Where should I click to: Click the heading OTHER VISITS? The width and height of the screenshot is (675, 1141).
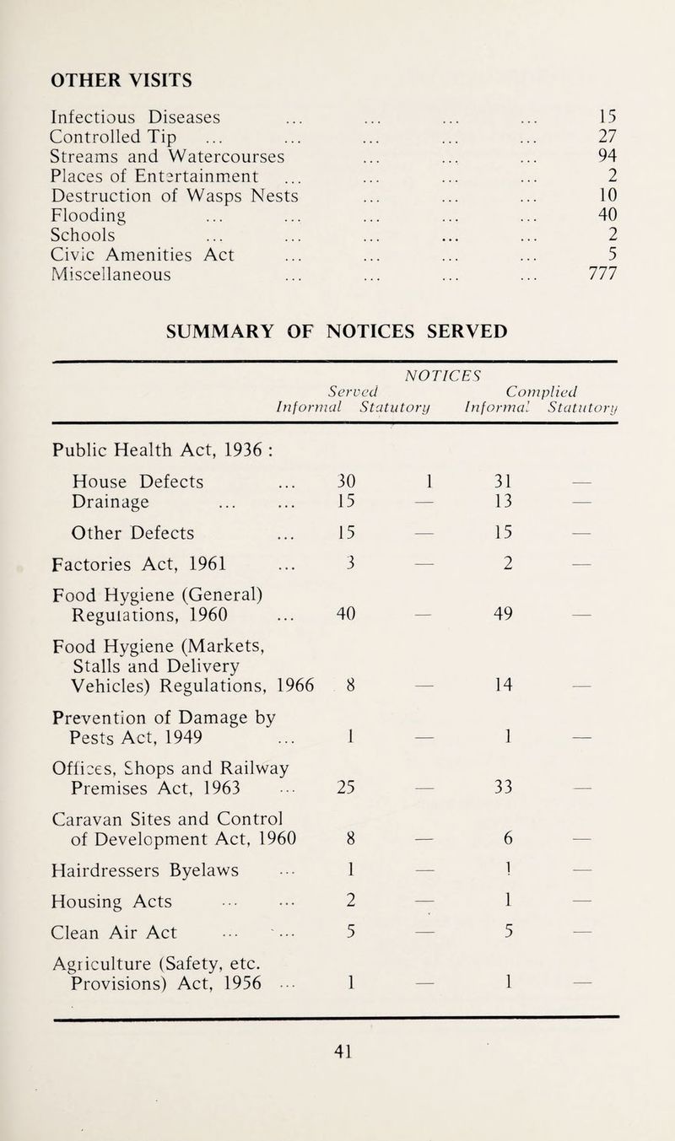[x=121, y=80]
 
